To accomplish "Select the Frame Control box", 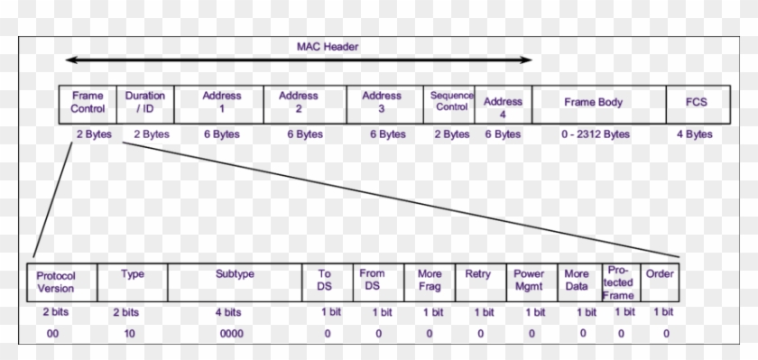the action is pyautogui.click(x=88, y=103).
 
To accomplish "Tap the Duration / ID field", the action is pyautogui.click(x=145, y=103).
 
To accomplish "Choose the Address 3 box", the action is pyautogui.click(x=381, y=103).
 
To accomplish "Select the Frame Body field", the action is pyautogui.click(x=593, y=103).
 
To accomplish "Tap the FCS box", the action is pyautogui.click(x=696, y=103).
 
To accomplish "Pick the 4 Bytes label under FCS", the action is pyautogui.click(x=695, y=134).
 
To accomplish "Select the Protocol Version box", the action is pyautogui.click(x=62, y=282).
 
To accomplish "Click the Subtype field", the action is pyautogui.click(x=234, y=282).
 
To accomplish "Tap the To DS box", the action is pyautogui.click(x=324, y=282).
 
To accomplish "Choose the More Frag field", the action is pyautogui.click(x=430, y=282).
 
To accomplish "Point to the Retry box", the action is pyautogui.click(x=478, y=282).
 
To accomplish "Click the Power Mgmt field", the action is pyautogui.click(x=530, y=282).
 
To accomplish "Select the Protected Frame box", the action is pyautogui.click(x=620, y=282).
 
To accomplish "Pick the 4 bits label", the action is pyautogui.click(x=228, y=312).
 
